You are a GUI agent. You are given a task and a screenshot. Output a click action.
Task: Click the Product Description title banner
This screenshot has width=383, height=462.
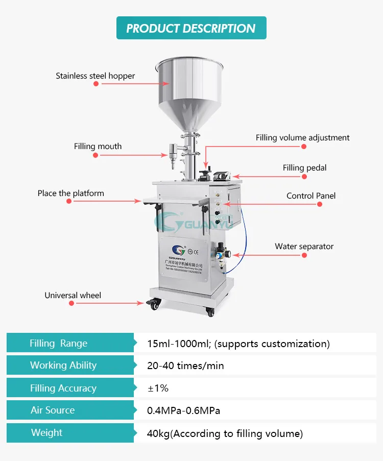[191, 28]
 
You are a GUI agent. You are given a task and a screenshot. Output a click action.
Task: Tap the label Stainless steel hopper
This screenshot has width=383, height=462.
[95, 76]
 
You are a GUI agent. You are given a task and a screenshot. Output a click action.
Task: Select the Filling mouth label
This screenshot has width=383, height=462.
[98, 147]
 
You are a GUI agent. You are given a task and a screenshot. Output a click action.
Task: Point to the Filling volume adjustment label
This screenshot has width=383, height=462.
[303, 138]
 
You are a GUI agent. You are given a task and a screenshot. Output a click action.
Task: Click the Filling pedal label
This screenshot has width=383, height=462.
[305, 168]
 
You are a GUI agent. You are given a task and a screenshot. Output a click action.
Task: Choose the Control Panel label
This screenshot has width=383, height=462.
[311, 196]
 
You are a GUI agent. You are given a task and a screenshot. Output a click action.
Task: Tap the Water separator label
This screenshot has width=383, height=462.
[304, 247]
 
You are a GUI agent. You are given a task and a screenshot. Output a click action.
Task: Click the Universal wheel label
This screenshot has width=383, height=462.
[73, 296]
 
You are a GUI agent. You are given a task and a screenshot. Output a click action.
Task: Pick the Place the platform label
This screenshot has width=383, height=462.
[70, 193]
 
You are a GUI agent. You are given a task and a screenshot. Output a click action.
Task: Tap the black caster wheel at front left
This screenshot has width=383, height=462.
[152, 304]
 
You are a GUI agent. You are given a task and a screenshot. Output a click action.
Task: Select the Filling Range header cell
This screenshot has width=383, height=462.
[58, 344]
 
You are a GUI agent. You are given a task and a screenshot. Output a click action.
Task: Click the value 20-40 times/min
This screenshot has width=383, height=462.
[185, 366]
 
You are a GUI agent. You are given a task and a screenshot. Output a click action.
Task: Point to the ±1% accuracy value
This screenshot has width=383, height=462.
[158, 388]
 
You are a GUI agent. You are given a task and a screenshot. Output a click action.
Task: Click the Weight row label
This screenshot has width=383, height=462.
[46, 433]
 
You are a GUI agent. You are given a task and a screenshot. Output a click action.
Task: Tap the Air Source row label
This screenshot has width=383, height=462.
[53, 410]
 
